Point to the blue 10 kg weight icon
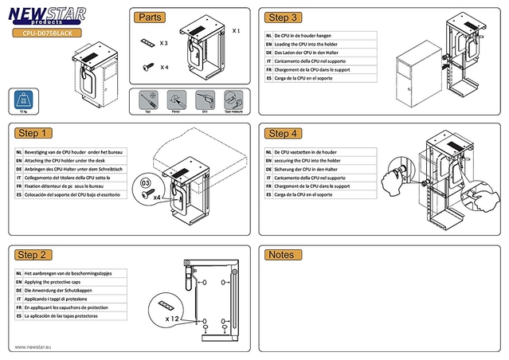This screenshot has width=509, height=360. tap(25, 101)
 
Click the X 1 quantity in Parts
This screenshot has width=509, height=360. tap(236, 30)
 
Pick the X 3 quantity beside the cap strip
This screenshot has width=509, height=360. tap(164, 42)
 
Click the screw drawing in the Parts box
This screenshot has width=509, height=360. tap(148, 68)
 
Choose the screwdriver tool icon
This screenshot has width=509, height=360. tap(147, 100)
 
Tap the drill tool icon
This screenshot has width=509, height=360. tap(203, 100)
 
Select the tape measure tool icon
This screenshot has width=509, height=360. tap(231, 100)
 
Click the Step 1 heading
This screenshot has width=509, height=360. tap(33, 133)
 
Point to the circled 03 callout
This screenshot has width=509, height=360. tap(145, 183)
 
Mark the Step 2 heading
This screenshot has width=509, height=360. tap(33, 255)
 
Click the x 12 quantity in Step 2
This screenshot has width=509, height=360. tap(174, 319)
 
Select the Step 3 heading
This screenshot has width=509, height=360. tap(284, 18)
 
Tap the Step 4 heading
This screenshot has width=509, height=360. tap(284, 133)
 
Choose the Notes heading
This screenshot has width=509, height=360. tap(281, 255)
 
